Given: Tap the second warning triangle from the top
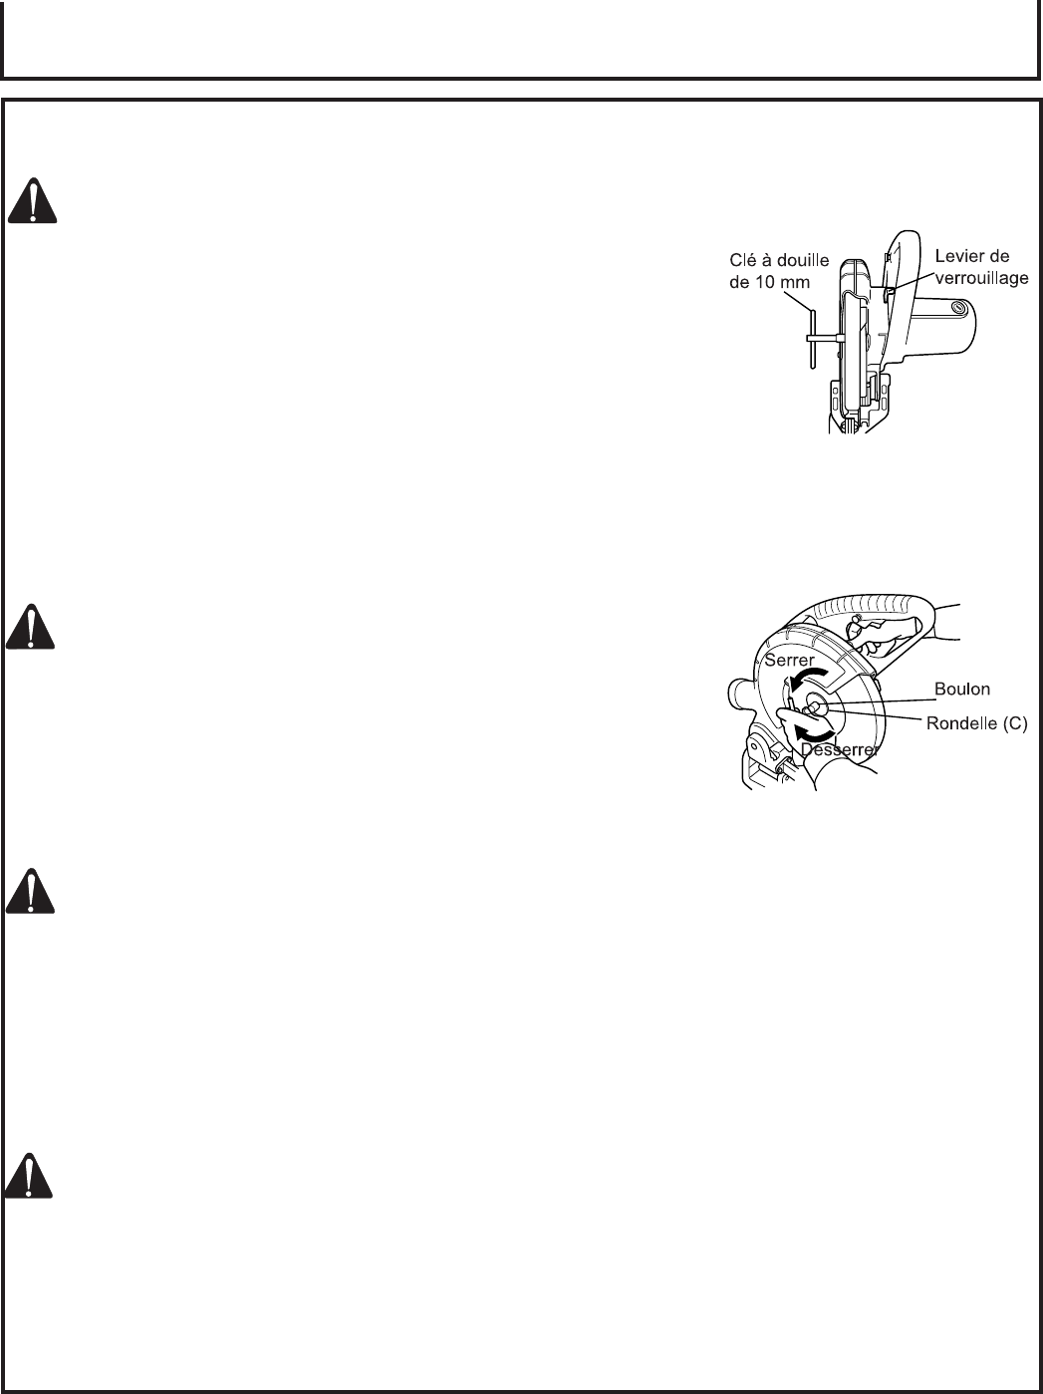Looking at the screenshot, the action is (x=32, y=626).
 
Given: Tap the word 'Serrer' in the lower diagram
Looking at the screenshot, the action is (x=789, y=660).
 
